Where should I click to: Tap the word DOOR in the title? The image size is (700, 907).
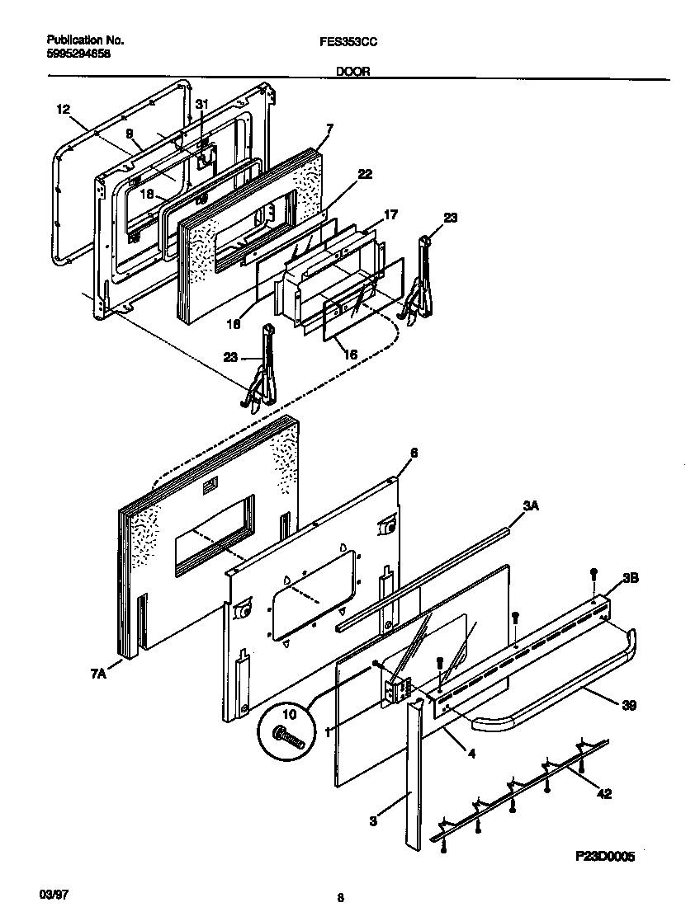352,72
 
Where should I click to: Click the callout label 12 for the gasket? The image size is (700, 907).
64,109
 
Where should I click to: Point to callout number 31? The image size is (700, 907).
202,103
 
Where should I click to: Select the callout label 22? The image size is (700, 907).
365,174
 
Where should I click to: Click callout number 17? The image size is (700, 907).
391,215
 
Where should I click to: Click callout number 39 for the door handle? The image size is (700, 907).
628,706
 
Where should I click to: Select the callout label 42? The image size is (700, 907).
604,795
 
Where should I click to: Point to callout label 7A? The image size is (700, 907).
97,674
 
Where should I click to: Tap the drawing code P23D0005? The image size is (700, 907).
605,857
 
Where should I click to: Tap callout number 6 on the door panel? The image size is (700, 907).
414,453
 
